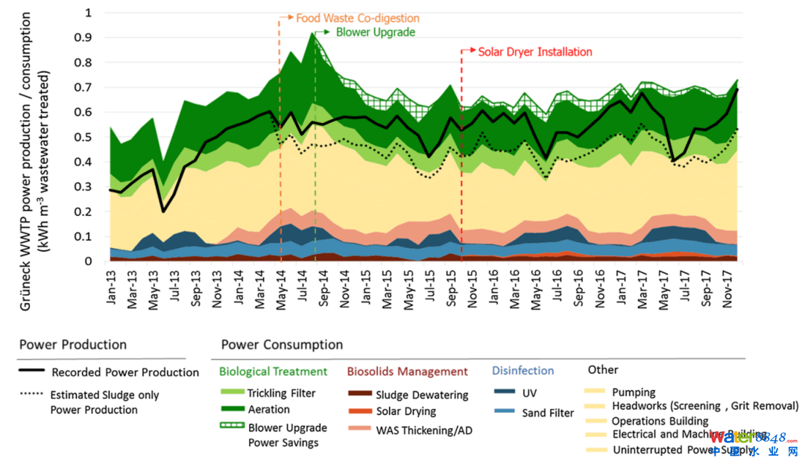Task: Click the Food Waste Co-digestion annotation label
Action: click(x=358, y=18)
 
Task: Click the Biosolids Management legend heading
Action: click(x=408, y=371)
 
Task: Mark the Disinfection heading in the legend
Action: click(x=523, y=370)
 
